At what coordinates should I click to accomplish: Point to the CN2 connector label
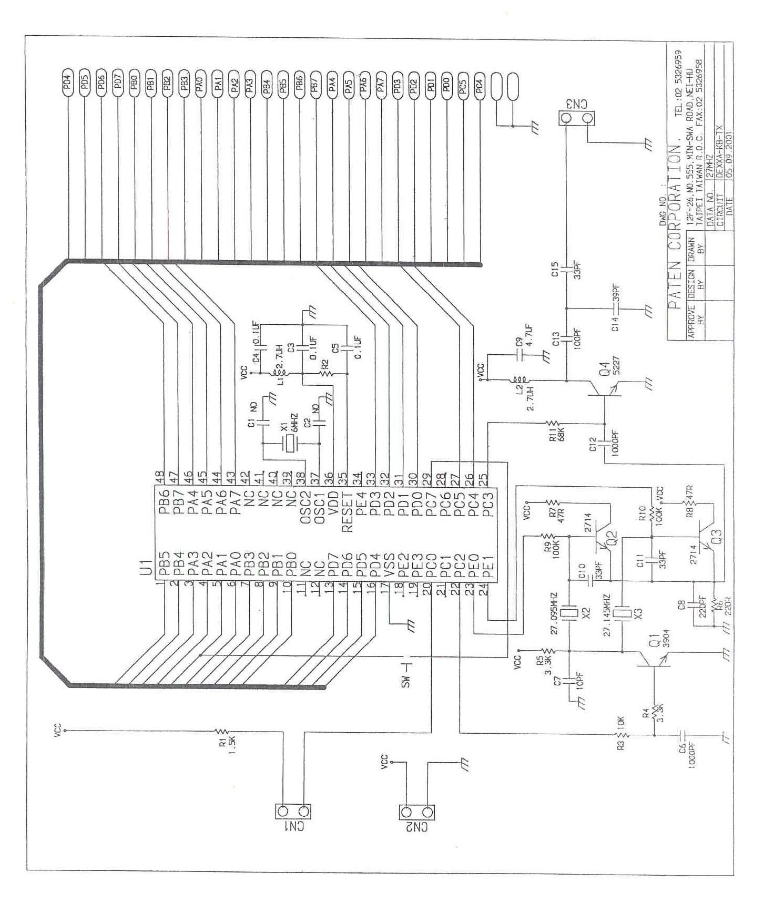(x=416, y=827)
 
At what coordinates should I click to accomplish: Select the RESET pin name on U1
(x=347, y=512)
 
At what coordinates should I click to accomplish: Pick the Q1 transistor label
(x=655, y=642)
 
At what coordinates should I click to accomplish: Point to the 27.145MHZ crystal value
(x=608, y=615)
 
